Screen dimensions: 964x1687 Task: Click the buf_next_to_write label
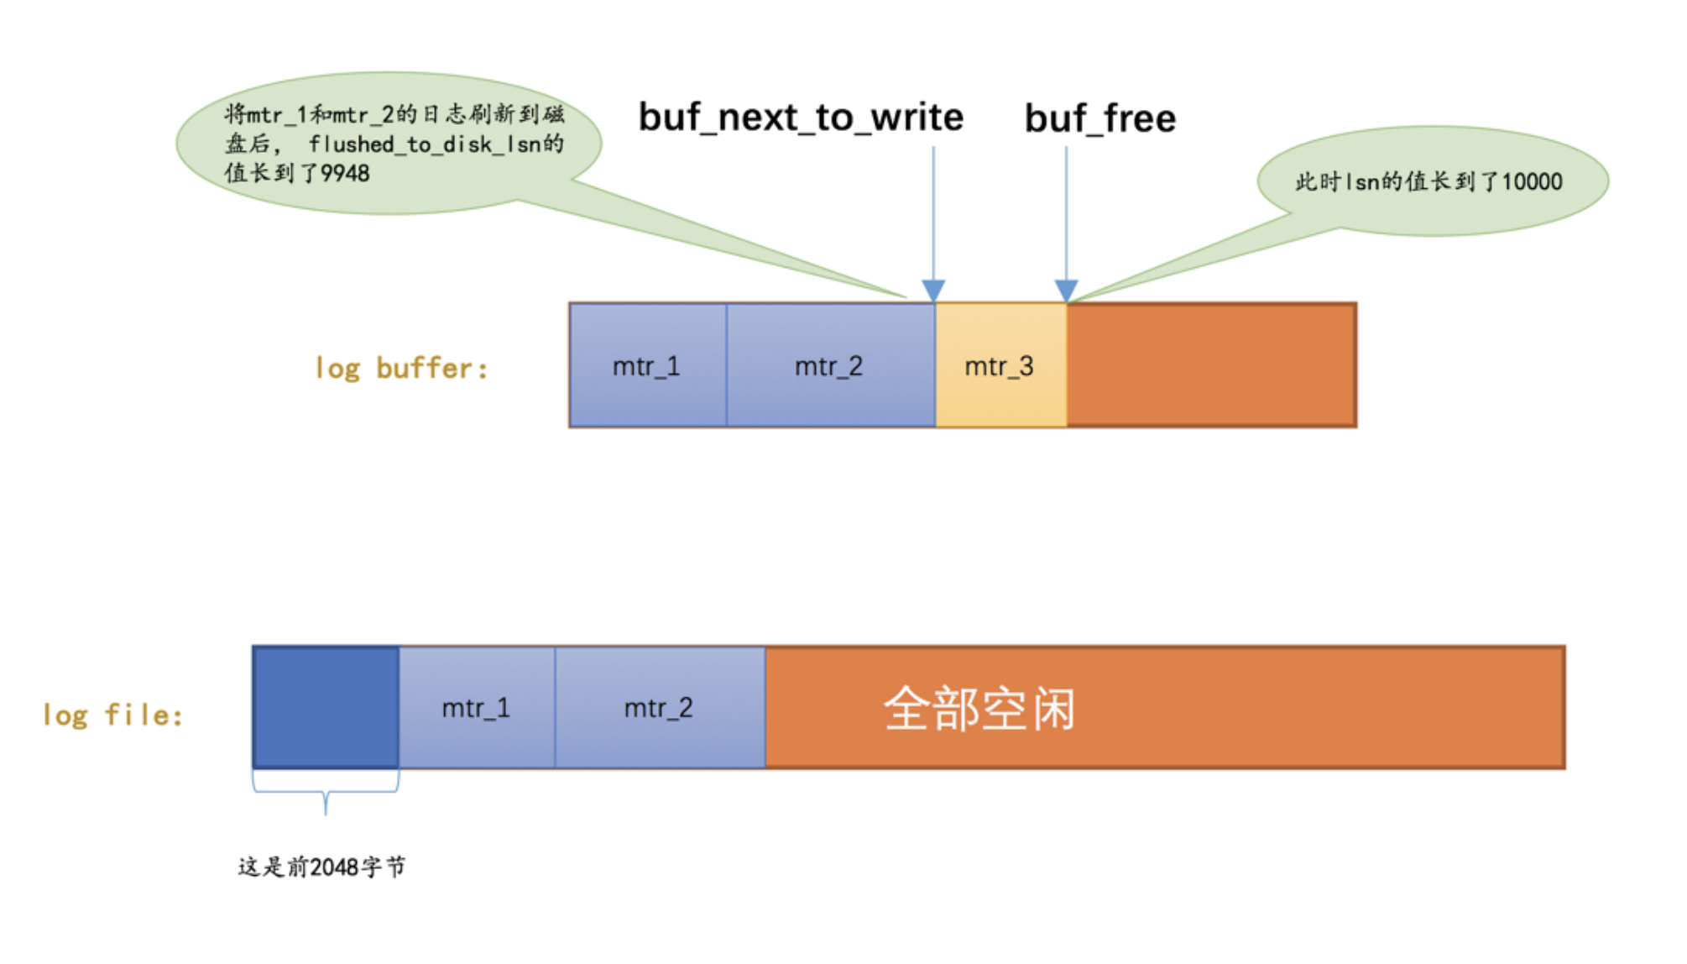tap(801, 118)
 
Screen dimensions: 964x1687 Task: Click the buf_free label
tap(1099, 118)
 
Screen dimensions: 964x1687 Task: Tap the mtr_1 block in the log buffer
tap(646, 366)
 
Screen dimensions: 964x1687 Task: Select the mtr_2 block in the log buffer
tap(829, 366)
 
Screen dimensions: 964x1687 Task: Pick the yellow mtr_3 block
tap(1000, 366)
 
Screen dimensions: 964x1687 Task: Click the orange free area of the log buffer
tap(1211, 366)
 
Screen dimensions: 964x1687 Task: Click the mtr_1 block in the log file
tap(476, 708)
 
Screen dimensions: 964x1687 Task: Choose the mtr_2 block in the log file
tap(659, 708)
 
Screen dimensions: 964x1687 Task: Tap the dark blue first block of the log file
tap(326, 708)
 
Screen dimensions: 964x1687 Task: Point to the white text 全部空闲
tap(979, 709)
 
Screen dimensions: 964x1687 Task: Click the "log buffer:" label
tap(401, 368)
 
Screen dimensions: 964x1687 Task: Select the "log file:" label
tap(113, 715)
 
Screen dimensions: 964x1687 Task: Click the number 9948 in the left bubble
tap(345, 174)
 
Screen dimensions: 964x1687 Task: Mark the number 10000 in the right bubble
tap(1532, 181)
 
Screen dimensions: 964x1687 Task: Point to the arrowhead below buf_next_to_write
tap(933, 291)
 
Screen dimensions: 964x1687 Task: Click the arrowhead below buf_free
tap(1066, 291)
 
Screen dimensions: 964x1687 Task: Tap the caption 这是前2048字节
tap(321, 867)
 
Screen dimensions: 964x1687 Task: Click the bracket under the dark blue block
tap(326, 793)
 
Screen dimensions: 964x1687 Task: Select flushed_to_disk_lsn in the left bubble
tap(425, 144)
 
